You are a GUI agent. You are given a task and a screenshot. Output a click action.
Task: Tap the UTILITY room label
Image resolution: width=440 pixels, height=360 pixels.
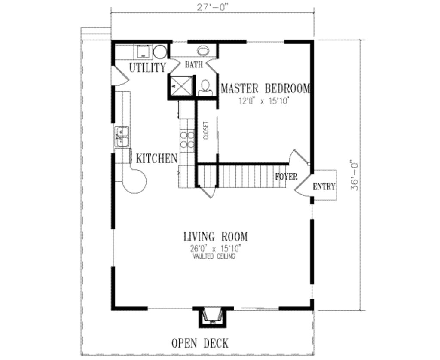pyautogui.click(x=147, y=68)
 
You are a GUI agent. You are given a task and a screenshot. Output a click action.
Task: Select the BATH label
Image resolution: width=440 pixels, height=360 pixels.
pyautogui.click(x=194, y=65)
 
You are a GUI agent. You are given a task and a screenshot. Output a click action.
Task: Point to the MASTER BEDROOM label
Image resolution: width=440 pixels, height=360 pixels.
pyautogui.click(x=265, y=89)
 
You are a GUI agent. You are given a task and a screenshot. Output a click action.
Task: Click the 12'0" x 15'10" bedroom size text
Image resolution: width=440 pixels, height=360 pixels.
pyautogui.click(x=265, y=102)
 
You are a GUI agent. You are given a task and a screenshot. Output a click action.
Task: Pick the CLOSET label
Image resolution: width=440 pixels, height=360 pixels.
pyautogui.click(x=205, y=130)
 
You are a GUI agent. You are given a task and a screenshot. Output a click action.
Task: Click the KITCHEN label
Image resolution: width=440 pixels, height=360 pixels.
pyautogui.click(x=156, y=159)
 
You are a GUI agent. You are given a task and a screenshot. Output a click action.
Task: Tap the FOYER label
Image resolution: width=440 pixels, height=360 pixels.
pyautogui.click(x=286, y=177)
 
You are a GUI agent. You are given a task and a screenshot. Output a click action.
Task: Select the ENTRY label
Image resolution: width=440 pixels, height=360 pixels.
pyautogui.click(x=324, y=187)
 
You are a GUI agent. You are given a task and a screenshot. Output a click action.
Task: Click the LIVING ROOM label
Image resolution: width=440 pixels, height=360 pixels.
pyautogui.click(x=215, y=237)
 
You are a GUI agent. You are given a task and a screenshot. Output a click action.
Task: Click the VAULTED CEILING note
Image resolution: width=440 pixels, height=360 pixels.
pyautogui.click(x=214, y=256)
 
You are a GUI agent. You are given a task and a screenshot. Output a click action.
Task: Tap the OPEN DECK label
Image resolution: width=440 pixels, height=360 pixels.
pyautogui.click(x=200, y=343)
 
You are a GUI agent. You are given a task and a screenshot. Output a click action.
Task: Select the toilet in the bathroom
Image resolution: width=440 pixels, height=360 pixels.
pyautogui.click(x=206, y=88)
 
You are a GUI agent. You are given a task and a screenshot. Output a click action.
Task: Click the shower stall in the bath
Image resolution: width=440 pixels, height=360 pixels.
pyautogui.click(x=180, y=85)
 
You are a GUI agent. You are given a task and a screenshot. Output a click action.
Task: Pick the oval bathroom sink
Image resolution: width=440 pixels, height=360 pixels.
pyautogui.click(x=203, y=51)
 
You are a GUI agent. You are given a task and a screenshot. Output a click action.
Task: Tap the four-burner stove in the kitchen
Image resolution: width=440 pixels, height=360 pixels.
pyautogui.click(x=187, y=139)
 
